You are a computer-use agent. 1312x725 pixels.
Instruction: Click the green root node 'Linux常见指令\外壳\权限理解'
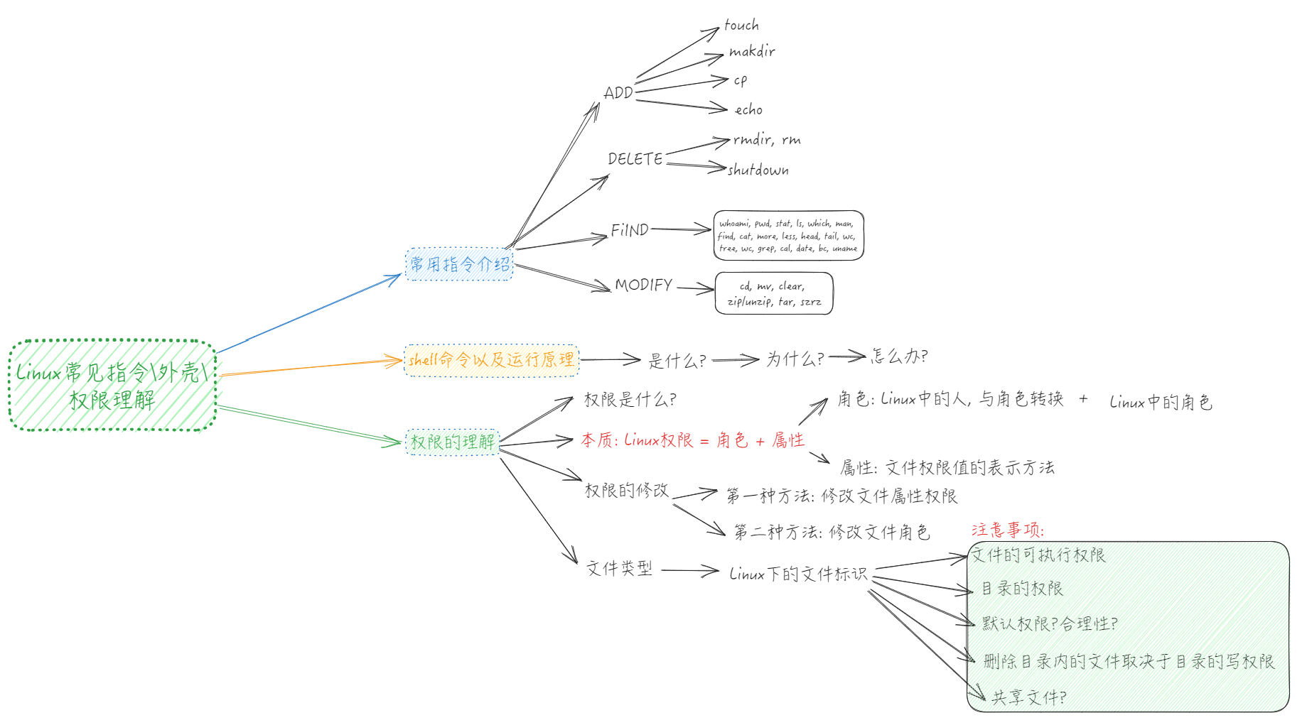112,386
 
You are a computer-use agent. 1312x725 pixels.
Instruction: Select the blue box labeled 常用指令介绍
459,265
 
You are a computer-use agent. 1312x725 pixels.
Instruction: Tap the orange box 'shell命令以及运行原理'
491,360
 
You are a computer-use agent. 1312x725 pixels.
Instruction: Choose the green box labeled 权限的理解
452,442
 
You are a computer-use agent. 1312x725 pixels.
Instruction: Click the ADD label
618,93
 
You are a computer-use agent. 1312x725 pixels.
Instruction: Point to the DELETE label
635,159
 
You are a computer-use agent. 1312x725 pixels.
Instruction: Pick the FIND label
630,230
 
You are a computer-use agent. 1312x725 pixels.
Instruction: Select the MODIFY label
643,285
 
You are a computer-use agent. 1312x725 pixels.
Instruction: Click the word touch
741,26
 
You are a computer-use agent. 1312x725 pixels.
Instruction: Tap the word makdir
752,51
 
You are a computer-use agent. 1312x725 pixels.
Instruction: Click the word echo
748,110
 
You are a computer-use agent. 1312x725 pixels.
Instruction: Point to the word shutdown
758,170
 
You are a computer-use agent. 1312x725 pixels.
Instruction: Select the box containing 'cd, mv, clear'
773,293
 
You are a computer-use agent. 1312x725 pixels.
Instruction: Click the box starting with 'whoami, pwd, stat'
788,236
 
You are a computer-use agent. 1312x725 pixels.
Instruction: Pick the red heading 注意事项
1008,530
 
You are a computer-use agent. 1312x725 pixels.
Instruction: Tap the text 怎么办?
899,356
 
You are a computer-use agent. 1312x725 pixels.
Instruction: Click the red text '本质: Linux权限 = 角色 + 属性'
692,440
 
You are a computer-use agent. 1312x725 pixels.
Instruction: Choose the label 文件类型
619,568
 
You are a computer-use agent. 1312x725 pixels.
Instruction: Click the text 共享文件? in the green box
1028,698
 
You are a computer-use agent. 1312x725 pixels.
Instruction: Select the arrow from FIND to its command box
681,229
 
